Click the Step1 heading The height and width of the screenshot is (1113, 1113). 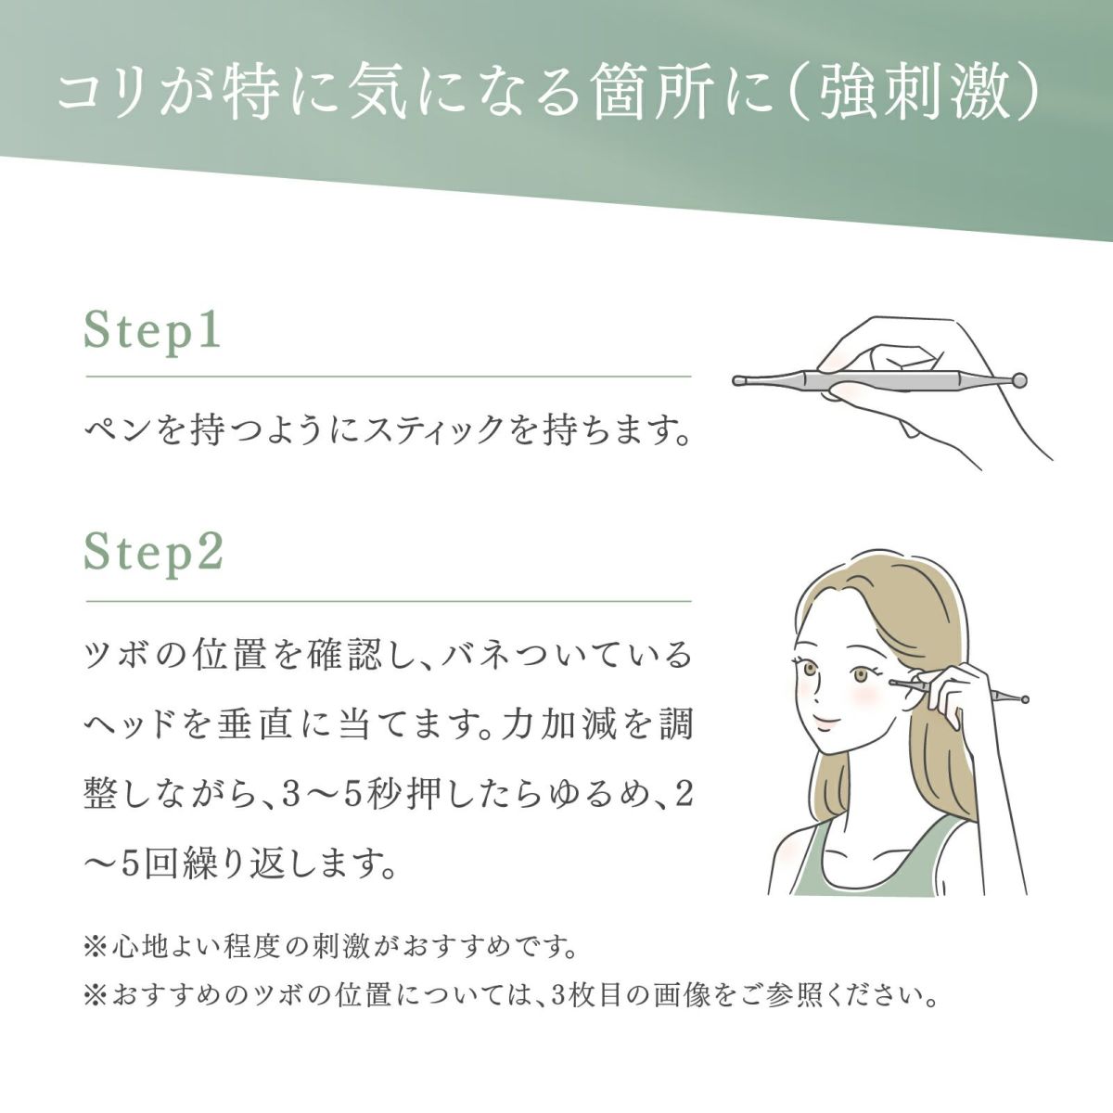(x=153, y=332)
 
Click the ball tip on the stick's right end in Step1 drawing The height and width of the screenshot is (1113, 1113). (x=1019, y=379)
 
